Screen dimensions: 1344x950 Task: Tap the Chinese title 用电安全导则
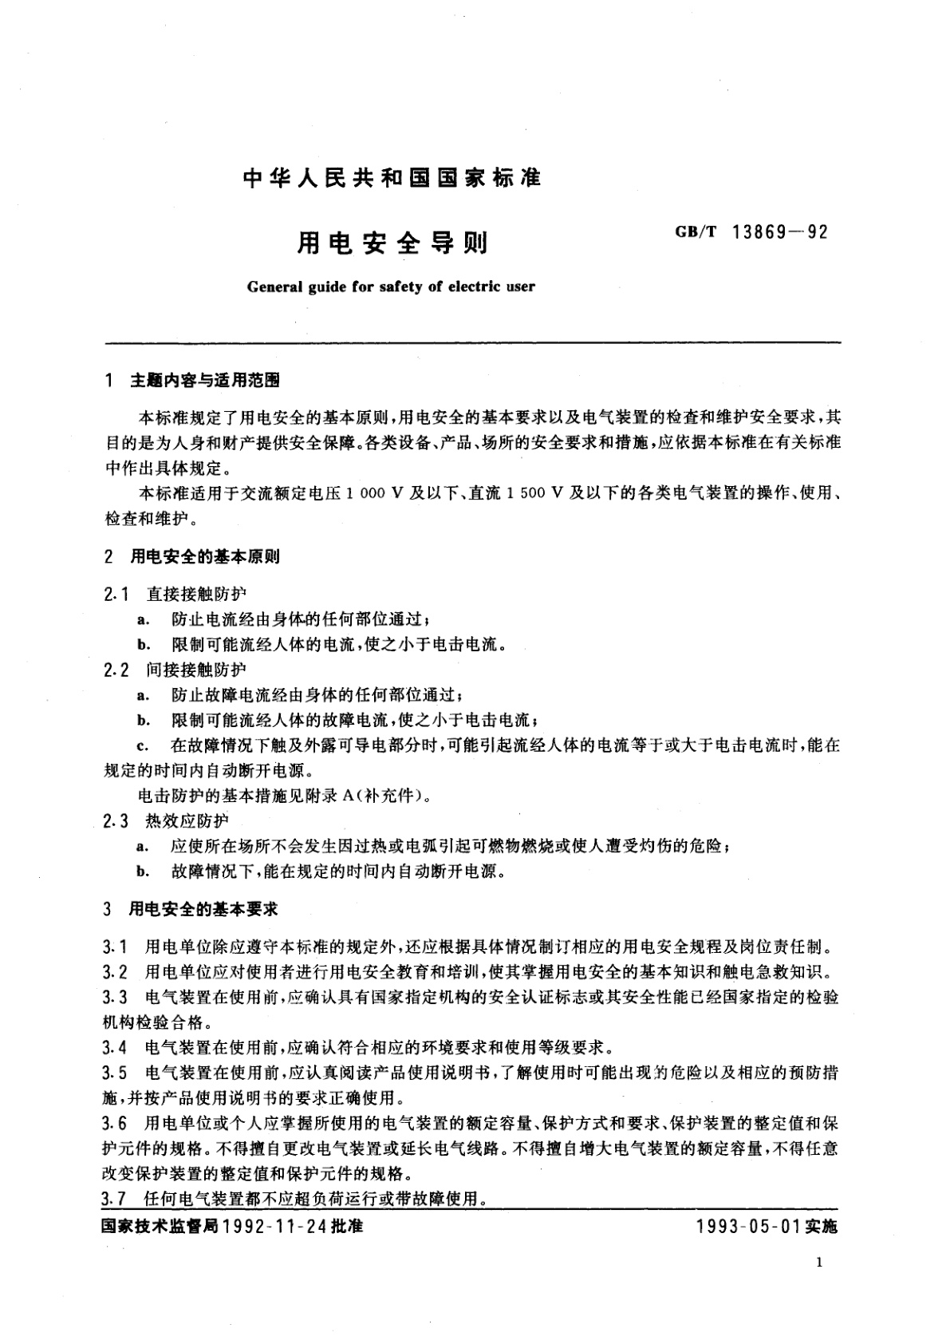tap(392, 243)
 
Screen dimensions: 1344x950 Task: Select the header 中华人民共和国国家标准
tap(392, 178)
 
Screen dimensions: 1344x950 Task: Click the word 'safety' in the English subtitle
tap(396, 287)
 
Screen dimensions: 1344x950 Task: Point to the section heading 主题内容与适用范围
tap(204, 381)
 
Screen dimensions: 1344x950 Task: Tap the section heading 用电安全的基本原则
tap(204, 557)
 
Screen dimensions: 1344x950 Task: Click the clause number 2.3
tap(116, 820)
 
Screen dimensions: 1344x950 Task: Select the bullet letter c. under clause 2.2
tap(143, 746)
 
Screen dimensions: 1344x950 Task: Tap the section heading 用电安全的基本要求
tap(204, 909)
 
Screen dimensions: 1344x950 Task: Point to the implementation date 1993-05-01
tap(748, 1226)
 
